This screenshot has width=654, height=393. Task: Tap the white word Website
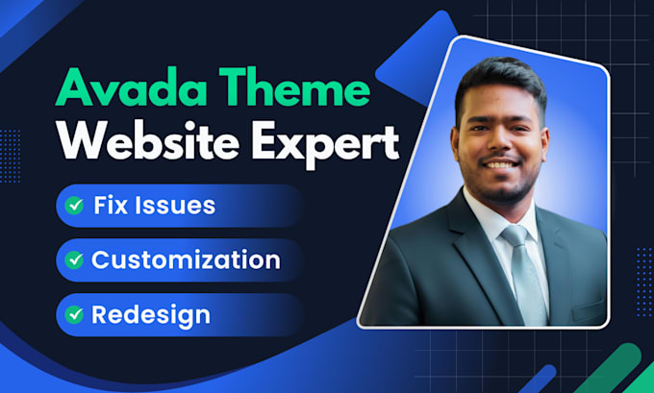tap(148, 140)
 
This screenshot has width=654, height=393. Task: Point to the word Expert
tap(326, 144)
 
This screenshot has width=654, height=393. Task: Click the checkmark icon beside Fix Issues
tap(74, 206)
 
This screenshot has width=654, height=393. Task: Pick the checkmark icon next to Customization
tap(74, 259)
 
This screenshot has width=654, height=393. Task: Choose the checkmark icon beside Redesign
tap(74, 314)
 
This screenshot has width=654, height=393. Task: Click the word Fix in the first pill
tap(111, 205)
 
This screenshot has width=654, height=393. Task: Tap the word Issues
tap(175, 205)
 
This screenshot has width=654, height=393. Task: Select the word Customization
tap(186, 259)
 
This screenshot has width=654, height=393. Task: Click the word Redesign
tap(151, 316)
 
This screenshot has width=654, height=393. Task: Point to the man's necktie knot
tap(515, 234)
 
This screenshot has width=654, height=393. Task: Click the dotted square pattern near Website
tap(10, 156)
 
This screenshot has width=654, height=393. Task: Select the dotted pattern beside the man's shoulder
tap(644, 282)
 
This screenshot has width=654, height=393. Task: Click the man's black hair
tap(500, 83)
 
